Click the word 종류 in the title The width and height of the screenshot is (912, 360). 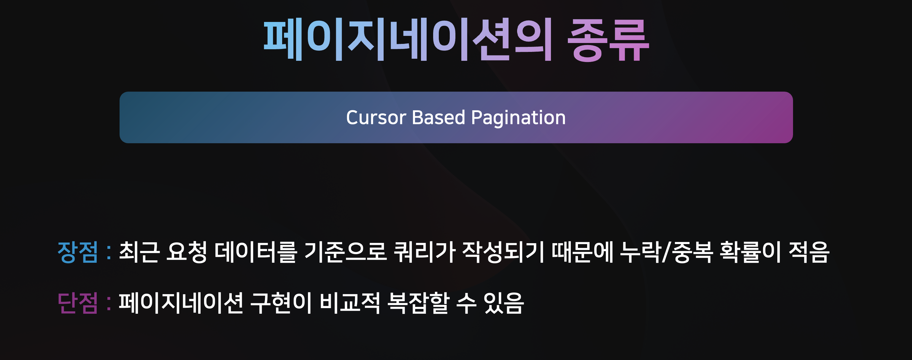coord(608,40)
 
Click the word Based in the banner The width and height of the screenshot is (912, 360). coord(438,117)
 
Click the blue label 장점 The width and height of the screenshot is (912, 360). coord(77,252)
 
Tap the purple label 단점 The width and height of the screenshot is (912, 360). coord(77,303)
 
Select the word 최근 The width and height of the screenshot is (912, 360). coord(139,252)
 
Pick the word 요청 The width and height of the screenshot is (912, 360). coord(187,252)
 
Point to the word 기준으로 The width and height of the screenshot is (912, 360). coord(345,252)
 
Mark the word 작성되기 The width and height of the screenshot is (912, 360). coord(503,252)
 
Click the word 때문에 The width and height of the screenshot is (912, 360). coord(582,252)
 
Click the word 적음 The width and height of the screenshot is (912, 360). coord(809,252)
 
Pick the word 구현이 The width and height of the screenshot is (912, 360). coord(281,303)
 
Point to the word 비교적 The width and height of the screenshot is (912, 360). coord(350,303)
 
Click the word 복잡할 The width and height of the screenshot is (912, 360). coord(419,303)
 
